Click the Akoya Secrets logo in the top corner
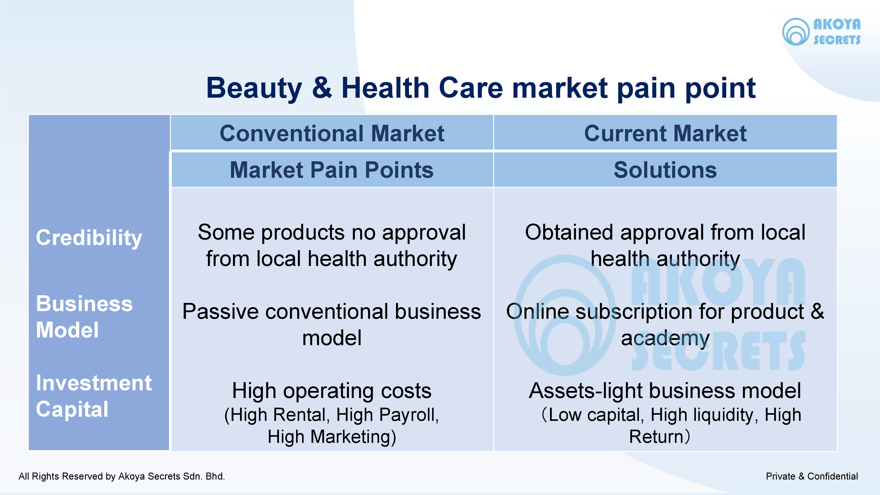(821, 31)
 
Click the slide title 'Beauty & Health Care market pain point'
(481, 88)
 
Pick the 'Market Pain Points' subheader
(332, 170)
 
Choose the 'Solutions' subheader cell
(665, 170)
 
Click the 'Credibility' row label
(89, 238)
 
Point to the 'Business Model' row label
(84, 317)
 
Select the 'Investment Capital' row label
(94, 396)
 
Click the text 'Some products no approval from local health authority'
(332, 245)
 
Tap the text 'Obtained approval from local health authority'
(665, 245)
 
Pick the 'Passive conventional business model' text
(332, 324)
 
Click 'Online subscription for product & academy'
(665, 324)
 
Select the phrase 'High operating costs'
(332, 390)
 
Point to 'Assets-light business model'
(665, 390)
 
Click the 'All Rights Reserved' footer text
(122, 476)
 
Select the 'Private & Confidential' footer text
(812, 476)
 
